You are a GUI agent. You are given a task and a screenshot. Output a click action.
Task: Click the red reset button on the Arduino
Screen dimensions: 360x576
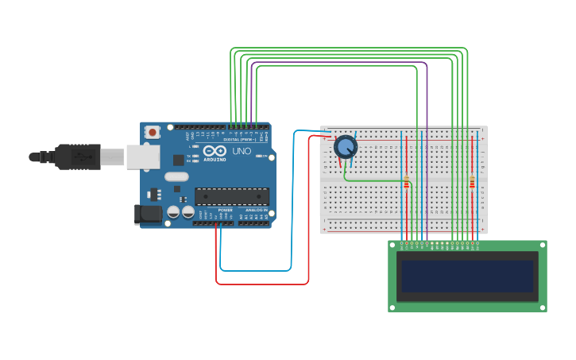[152, 132]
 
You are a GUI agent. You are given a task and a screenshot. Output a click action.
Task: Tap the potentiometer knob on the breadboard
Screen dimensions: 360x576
[346, 147]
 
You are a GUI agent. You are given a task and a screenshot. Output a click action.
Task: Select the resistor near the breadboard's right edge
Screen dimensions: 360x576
[472, 183]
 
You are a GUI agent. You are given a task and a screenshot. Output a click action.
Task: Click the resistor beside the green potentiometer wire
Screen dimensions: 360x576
[406, 183]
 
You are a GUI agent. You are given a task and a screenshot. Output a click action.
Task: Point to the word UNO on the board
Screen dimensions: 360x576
[242, 151]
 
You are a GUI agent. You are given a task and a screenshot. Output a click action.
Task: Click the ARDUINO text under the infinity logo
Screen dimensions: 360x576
[215, 159]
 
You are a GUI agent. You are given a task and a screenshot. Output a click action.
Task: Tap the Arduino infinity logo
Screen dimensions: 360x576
[215, 150]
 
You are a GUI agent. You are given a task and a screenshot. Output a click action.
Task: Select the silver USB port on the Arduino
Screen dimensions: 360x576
[143, 157]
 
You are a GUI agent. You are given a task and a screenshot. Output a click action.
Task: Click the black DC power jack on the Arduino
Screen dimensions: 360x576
[148, 213]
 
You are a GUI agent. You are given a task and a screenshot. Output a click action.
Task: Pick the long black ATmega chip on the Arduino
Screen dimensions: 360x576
[232, 196]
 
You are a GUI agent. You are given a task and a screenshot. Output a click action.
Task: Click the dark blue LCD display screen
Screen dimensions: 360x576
[467, 276]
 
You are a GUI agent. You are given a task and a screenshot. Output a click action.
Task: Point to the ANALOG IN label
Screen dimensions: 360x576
[256, 210]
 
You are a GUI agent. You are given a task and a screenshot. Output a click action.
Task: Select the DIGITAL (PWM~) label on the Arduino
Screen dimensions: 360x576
[238, 139]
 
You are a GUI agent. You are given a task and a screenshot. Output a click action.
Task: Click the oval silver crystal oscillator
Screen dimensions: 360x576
[177, 176]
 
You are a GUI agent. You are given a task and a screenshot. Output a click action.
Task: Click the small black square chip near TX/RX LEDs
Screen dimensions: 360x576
[179, 160]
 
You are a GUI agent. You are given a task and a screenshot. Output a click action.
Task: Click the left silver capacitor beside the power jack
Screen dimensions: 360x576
[173, 212]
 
